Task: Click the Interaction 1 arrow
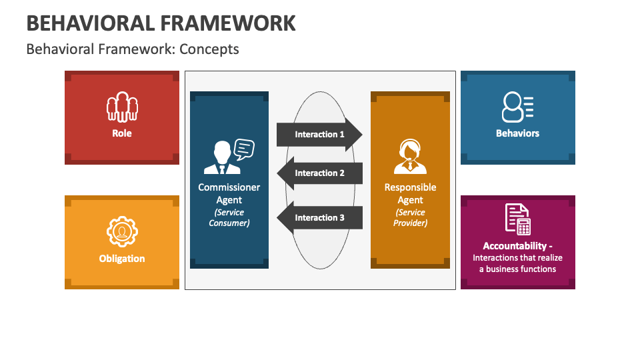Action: pos(319,134)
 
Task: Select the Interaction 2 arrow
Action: pos(319,173)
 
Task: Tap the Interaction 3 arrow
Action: pos(319,217)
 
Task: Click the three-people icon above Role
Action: pos(122,107)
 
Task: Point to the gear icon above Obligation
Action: pos(122,232)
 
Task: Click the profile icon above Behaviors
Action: pos(517,107)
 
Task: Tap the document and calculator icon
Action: pos(517,219)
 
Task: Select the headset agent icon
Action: pos(410,156)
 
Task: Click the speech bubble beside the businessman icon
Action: pos(244,149)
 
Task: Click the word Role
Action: pos(122,133)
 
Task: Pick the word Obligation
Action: pos(122,259)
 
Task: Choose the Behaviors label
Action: pos(517,133)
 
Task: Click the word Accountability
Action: pos(515,246)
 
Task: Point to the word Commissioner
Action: pos(229,187)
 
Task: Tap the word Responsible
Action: pos(410,187)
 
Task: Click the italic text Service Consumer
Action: pos(229,217)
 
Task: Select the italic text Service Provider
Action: pos(410,217)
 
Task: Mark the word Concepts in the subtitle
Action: pos(209,49)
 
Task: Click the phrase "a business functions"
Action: pos(517,269)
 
